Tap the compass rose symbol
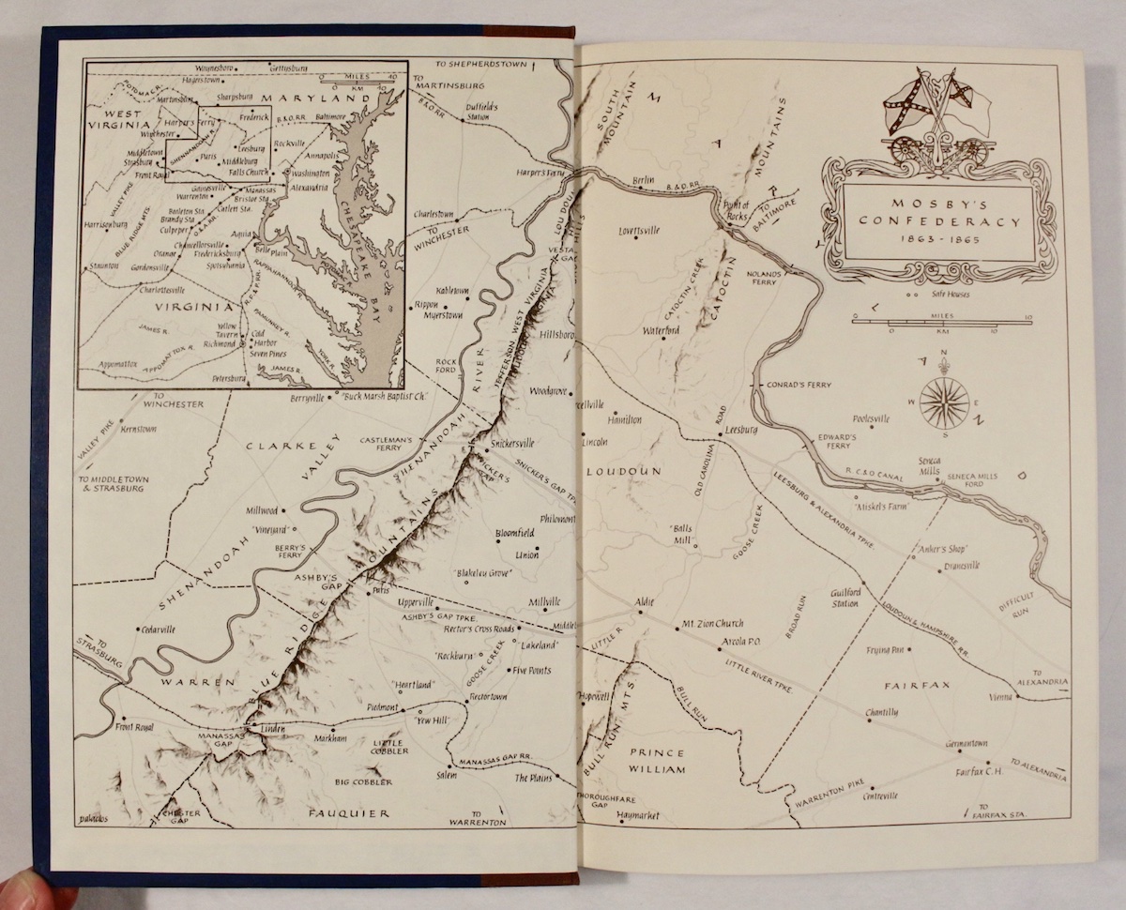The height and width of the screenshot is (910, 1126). click(943, 402)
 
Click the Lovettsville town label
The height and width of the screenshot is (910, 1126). click(639, 227)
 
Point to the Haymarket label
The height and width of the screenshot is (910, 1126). click(639, 815)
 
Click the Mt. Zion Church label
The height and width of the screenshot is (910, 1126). click(710, 624)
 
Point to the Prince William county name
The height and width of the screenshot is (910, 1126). click(657, 761)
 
